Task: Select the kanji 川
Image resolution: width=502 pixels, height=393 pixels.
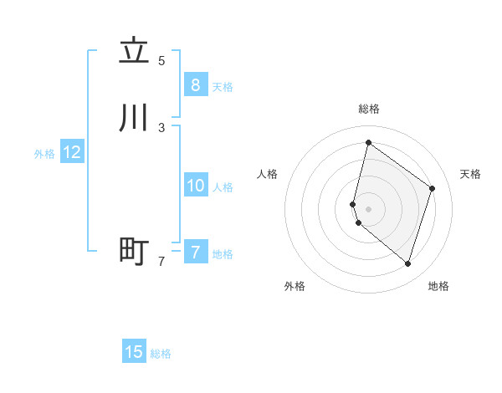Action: [135, 118]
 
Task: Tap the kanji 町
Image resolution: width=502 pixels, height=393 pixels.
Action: [135, 251]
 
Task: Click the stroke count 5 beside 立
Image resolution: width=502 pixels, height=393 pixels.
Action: [161, 61]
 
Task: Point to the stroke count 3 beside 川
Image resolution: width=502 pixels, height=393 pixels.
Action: [161, 128]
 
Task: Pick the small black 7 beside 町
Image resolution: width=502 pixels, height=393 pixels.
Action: [161, 262]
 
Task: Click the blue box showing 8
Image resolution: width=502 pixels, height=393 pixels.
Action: [195, 84]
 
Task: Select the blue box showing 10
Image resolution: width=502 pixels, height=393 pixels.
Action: [195, 186]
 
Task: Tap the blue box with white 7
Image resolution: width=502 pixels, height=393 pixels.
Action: [195, 252]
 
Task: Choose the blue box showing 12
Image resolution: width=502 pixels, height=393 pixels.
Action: [71, 152]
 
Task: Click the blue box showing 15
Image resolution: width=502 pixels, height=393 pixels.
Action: [134, 352]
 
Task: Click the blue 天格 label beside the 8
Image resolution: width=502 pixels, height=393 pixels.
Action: [223, 87]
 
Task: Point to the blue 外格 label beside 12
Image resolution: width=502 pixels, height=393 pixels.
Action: [44, 154]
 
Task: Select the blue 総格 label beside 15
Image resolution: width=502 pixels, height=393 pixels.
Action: [161, 354]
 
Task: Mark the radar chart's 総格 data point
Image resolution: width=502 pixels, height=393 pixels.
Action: [368, 142]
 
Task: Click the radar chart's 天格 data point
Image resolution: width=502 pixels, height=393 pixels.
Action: [433, 188]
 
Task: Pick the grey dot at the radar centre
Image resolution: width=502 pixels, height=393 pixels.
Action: [368, 208]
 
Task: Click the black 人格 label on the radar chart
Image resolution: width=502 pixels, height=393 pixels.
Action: [268, 174]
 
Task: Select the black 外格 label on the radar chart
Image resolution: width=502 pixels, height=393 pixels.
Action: [295, 287]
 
